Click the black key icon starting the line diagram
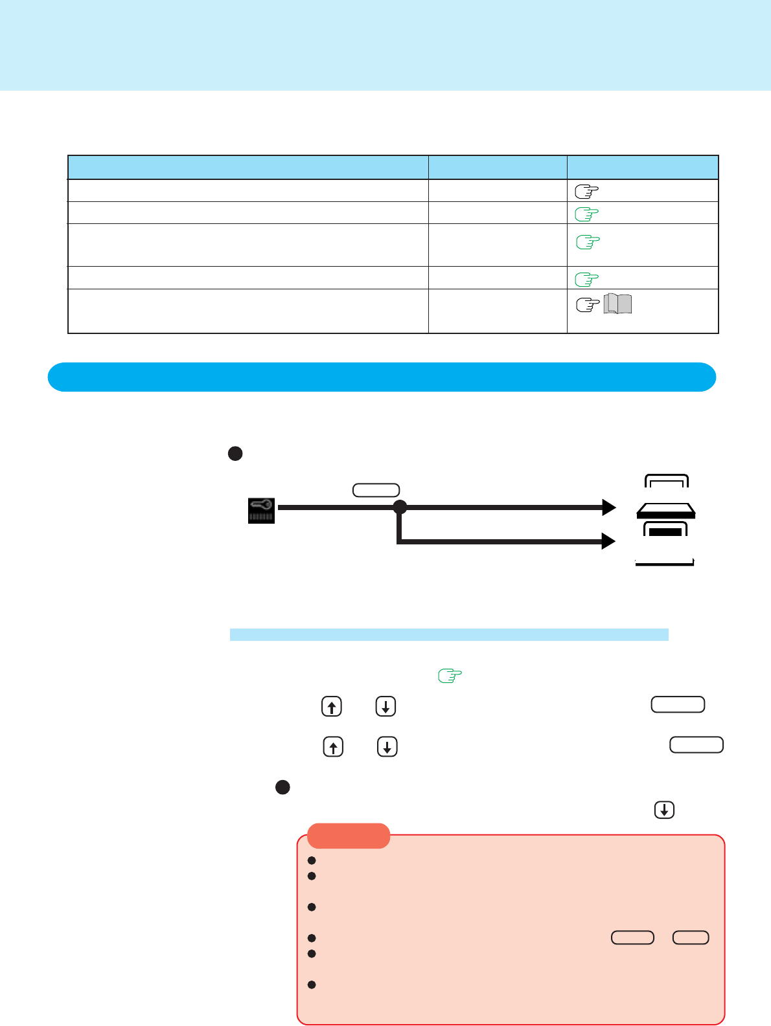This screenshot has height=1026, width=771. pyautogui.click(x=262, y=510)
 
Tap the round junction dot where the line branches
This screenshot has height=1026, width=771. pyautogui.click(x=400, y=507)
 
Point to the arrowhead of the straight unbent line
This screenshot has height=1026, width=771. pyautogui.click(x=609, y=507)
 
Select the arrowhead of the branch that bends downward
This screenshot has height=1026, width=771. pyautogui.click(x=609, y=541)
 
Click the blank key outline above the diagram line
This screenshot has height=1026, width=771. pyautogui.click(x=376, y=490)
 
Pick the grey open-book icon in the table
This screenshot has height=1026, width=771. pyautogui.click(x=617, y=304)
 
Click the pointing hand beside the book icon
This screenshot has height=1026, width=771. pyautogui.click(x=588, y=305)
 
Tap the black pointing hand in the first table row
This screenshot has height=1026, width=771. pyautogui.click(x=586, y=191)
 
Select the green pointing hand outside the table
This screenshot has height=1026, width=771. pyautogui.click(x=450, y=676)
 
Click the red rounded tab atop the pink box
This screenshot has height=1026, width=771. pyautogui.click(x=349, y=836)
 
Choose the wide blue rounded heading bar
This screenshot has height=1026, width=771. pyautogui.click(x=382, y=377)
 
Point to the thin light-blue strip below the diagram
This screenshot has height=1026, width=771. pyautogui.click(x=449, y=634)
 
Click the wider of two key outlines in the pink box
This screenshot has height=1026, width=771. pyautogui.click(x=633, y=937)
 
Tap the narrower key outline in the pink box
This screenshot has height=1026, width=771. pyautogui.click(x=691, y=937)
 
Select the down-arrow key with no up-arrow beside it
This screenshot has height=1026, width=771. pyautogui.click(x=665, y=810)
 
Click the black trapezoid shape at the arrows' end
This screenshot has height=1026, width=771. pyautogui.click(x=666, y=511)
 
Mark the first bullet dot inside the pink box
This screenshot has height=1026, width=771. pyautogui.click(x=312, y=860)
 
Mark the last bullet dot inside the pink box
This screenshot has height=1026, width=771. pyautogui.click(x=312, y=985)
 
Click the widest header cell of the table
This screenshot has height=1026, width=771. pyautogui.click(x=248, y=168)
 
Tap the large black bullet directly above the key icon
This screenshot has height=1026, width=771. pyautogui.click(x=235, y=454)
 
